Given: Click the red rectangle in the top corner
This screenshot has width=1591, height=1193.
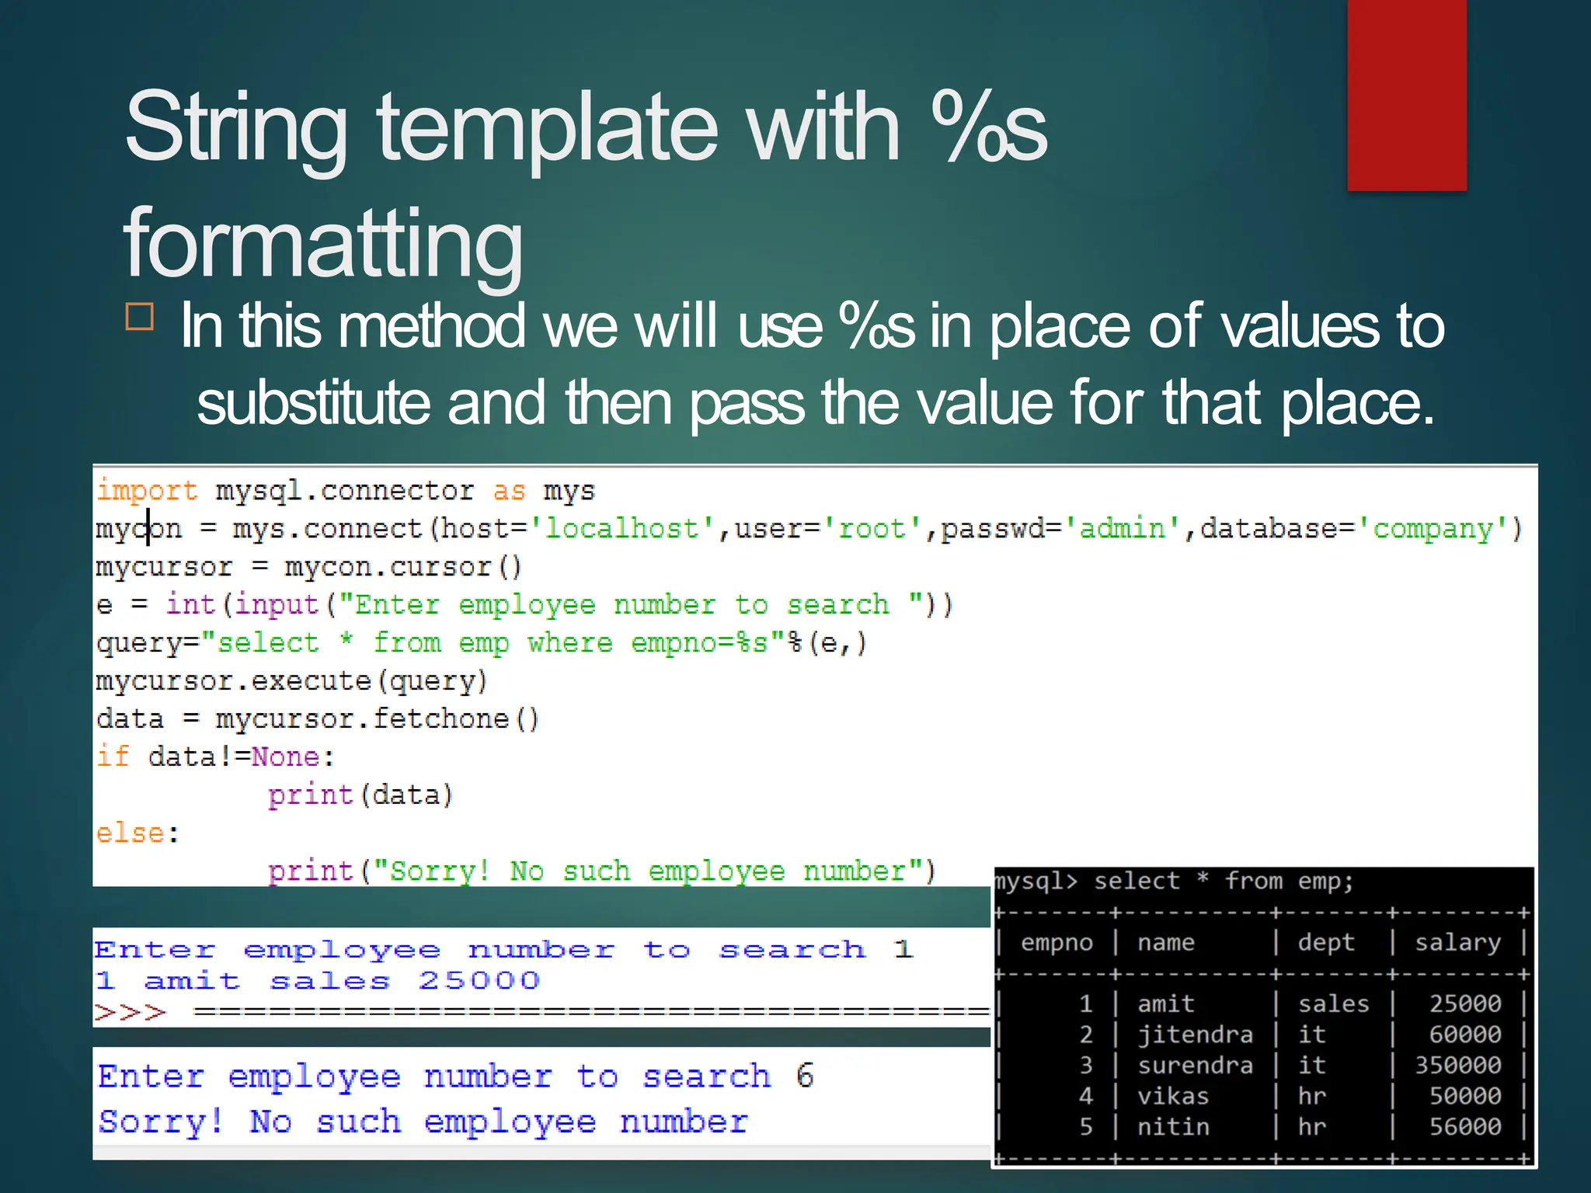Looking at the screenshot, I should click(1406, 95).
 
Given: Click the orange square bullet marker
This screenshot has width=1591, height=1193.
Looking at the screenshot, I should click(140, 317).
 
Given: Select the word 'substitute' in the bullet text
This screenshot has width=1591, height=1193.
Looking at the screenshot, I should click(312, 402).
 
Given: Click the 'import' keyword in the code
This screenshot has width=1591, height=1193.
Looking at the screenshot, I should click(147, 491).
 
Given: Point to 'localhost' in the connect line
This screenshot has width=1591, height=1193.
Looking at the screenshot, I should click(621, 529).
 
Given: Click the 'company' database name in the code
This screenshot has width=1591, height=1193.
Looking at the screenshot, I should click(1433, 529).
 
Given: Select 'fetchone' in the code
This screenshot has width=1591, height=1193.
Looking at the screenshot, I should click(440, 719).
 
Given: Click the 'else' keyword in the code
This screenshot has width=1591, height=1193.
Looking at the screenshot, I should click(130, 833).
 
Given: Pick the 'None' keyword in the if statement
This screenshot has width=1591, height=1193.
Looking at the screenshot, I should click(285, 757).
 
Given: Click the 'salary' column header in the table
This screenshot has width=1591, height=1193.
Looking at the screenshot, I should click(1457, 943).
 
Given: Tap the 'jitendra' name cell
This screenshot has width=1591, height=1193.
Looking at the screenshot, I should click(1195, 1035).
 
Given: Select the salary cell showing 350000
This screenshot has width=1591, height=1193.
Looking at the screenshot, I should click(1457, 1065).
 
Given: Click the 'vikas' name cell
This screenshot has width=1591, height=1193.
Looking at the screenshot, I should click(1173, 1096).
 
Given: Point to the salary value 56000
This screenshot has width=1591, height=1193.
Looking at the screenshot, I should click(1465, 1127).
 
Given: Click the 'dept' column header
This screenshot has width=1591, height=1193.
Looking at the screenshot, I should click(1325, 943).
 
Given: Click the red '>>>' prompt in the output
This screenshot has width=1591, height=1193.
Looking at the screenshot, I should click(130, 1013).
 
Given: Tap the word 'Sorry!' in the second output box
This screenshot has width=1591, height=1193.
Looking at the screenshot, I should click(161, 1122).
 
